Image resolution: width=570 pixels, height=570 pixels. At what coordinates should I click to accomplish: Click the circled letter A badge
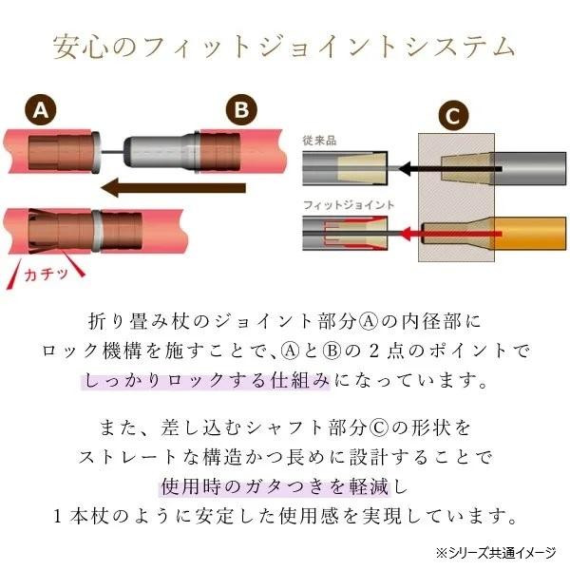[x=41, y=110]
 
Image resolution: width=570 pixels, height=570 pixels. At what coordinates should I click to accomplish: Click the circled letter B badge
[x=241, y=109]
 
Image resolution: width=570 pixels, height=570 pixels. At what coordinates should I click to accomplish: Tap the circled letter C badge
[x=453, y=116]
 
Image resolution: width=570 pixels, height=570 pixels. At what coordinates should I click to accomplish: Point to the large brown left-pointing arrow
[x=173, y=187]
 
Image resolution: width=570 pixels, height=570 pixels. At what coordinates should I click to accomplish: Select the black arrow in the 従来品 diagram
[x=450, y=169]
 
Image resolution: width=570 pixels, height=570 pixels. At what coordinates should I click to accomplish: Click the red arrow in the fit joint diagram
[x=450, y=234]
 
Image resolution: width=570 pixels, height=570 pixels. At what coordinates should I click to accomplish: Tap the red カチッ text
[x=47, y=274]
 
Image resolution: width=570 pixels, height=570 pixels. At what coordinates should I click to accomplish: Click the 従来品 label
[x=319, y=141]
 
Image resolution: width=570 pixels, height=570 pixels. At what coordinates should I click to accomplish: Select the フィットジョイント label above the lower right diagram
[x=349, y=205]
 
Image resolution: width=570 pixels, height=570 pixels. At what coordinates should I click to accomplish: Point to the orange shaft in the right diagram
[x=529, y=234]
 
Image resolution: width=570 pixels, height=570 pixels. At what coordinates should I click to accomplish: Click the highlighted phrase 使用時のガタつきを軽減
[x=275, y=486]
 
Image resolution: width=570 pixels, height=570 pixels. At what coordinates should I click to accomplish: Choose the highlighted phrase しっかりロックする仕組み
[x=206, y=381]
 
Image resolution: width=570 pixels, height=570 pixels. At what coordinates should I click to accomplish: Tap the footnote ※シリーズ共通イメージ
[x=496, y=553]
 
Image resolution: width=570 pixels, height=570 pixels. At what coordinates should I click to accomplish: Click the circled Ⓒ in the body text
[x=379, y=427]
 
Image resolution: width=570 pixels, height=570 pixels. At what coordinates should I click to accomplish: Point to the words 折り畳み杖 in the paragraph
[x=139, y=322]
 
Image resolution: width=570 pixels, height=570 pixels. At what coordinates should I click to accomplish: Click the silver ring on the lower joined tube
[x=97, y=231]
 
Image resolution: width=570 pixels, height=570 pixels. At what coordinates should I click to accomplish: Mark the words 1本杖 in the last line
[x=81, y=516]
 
